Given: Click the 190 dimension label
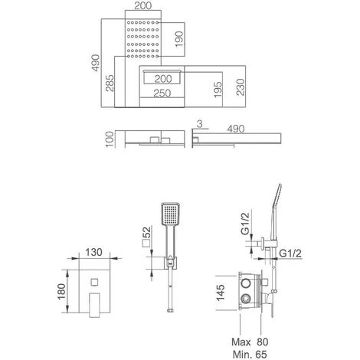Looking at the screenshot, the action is coord(179,39).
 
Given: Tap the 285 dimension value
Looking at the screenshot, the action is coord(110,83).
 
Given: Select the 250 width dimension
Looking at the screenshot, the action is coord(162,93).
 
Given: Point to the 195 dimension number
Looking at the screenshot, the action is coord(218,90).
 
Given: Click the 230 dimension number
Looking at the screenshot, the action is coord(241,87).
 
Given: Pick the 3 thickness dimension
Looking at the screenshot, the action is coord(200,124).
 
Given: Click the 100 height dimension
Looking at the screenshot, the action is coord(110,139).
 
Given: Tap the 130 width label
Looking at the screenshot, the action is coord(93,252).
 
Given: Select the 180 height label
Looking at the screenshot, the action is coord(61,291).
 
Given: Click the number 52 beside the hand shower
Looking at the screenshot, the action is coord(147,232).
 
